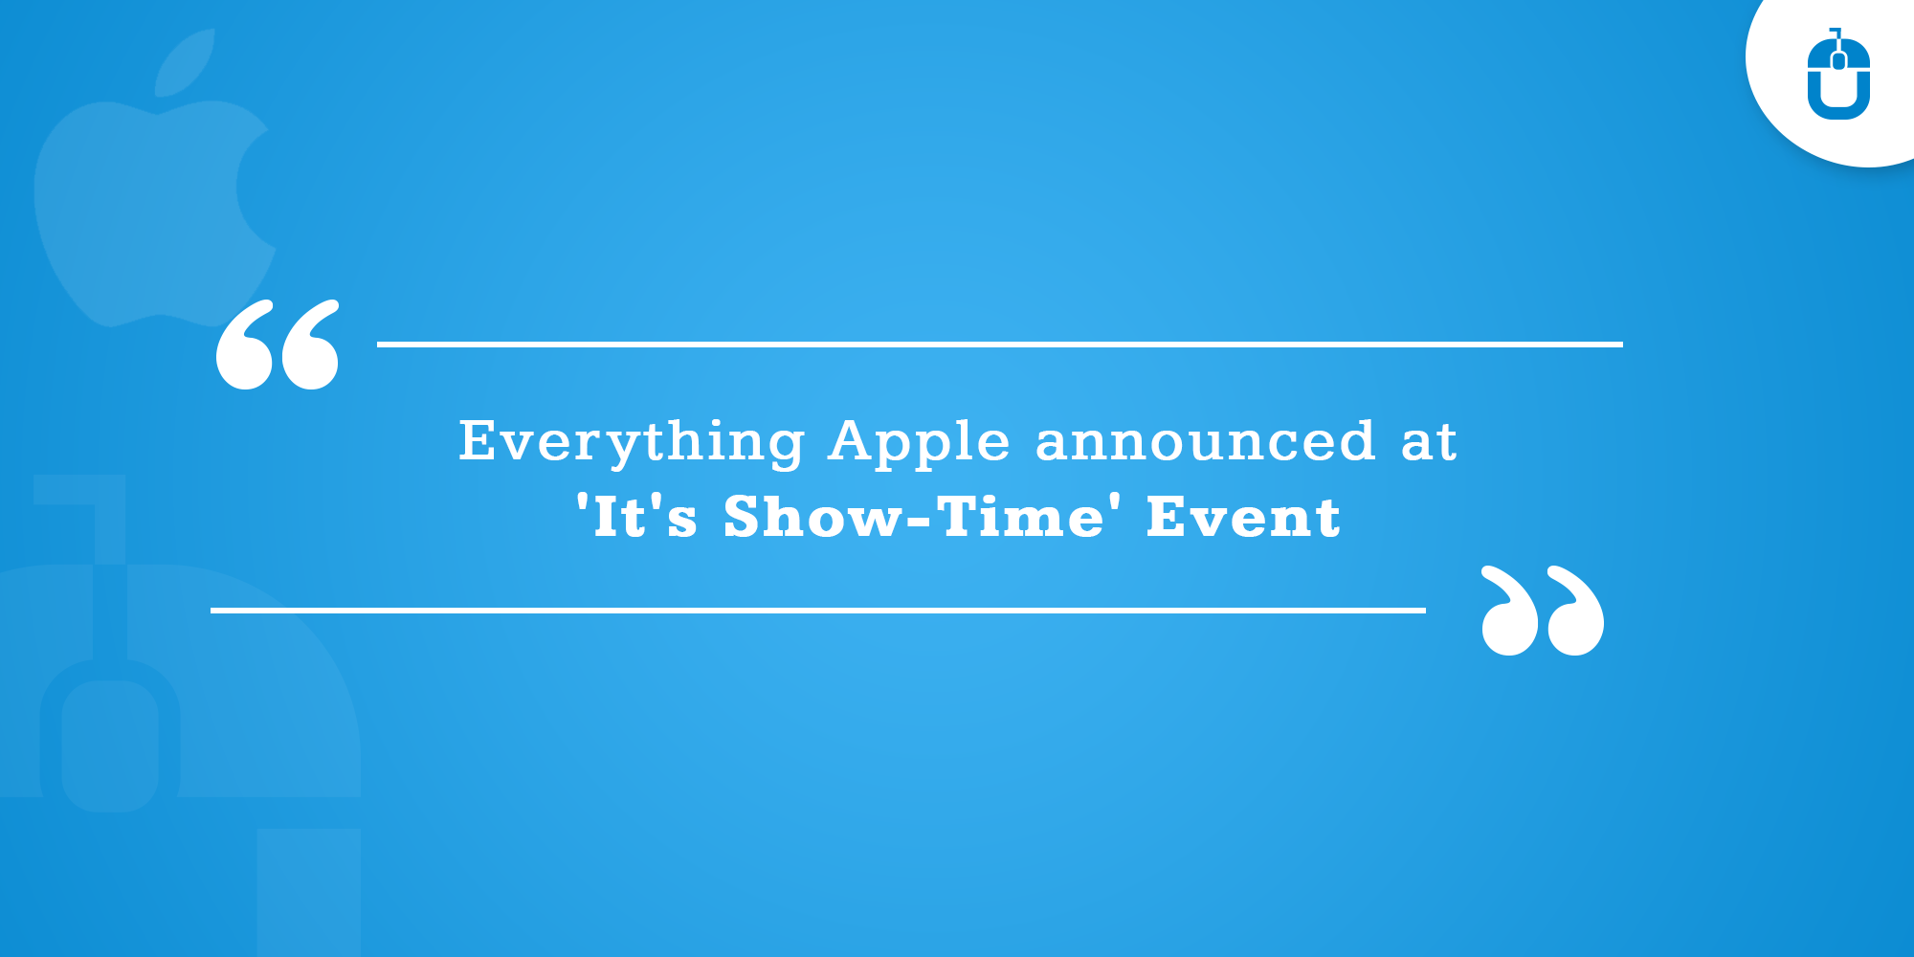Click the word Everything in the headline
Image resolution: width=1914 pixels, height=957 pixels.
[x=632, y=442]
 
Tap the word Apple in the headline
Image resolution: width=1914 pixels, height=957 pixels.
[x=920, y=442]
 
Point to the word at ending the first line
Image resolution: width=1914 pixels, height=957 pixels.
[x=1429, y=442]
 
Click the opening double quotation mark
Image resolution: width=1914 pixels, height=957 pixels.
[x=278, y=345]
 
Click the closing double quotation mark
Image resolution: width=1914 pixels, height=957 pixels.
[x=1542, y=611]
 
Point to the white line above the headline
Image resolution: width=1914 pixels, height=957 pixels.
[x=1000, y=344]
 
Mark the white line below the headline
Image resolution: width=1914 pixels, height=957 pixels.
[x=818, y=610]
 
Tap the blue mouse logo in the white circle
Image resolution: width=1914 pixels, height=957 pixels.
[x=1838, y=77]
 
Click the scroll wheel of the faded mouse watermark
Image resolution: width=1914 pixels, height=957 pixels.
[x=110, y=746]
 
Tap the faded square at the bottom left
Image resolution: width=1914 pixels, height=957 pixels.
[x=308, y=890]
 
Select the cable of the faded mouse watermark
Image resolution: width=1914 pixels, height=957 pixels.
[x=110, y=574]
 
